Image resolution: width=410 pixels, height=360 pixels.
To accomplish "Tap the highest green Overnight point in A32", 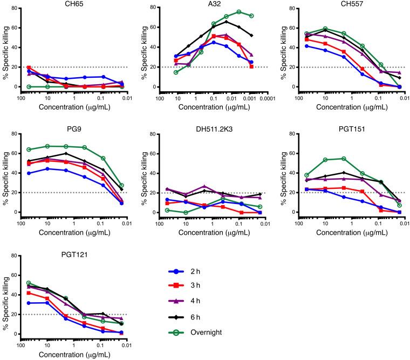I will click(x=238, y=12).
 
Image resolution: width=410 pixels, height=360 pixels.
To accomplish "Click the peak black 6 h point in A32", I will click(x=226, y=22).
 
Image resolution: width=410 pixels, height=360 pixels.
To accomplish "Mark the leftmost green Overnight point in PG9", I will click(x=28, y=150).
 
